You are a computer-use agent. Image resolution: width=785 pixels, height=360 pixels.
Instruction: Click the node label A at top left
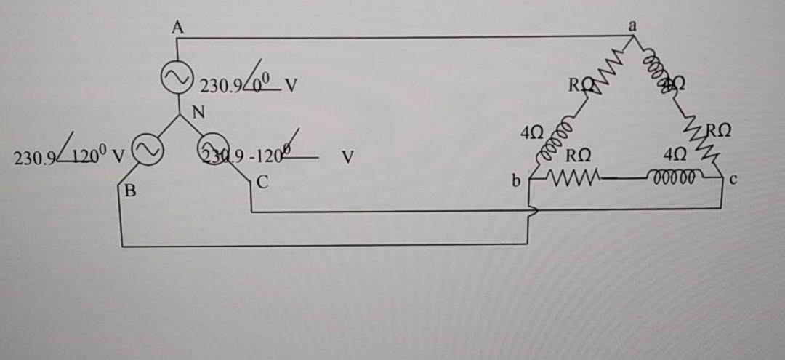[177, 28]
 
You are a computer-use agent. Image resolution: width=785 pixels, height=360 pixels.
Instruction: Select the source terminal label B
[130, 192]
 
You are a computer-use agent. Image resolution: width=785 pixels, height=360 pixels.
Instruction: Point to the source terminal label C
[264, 183]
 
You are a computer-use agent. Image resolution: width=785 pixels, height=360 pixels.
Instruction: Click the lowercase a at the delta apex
[633, 24]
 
